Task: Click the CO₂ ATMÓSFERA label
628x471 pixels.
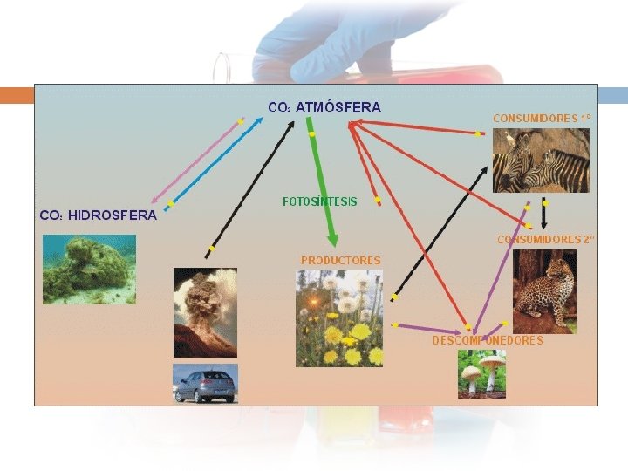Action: point(324,107)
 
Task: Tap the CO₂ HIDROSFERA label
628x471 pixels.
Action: point(98,215)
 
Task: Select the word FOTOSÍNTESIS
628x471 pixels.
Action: point(320,201)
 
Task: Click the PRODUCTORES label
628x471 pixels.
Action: point(341,260)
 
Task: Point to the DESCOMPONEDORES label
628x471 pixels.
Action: point(488,340)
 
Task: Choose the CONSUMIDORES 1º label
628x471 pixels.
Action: point(542,118)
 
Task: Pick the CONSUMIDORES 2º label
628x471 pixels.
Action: point(546,238)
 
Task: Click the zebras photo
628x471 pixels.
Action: point(541,160)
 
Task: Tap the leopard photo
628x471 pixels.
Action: point(544,291)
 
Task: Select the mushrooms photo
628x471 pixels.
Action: point(481,373)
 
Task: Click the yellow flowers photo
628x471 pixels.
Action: point(339,318)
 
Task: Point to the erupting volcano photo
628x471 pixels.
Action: point(205,312)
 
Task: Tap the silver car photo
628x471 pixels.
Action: point(205,384)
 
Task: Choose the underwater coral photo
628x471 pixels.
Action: point(90,270)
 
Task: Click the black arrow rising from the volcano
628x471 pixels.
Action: point(249,188)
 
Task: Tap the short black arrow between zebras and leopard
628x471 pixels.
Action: point(545,214)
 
